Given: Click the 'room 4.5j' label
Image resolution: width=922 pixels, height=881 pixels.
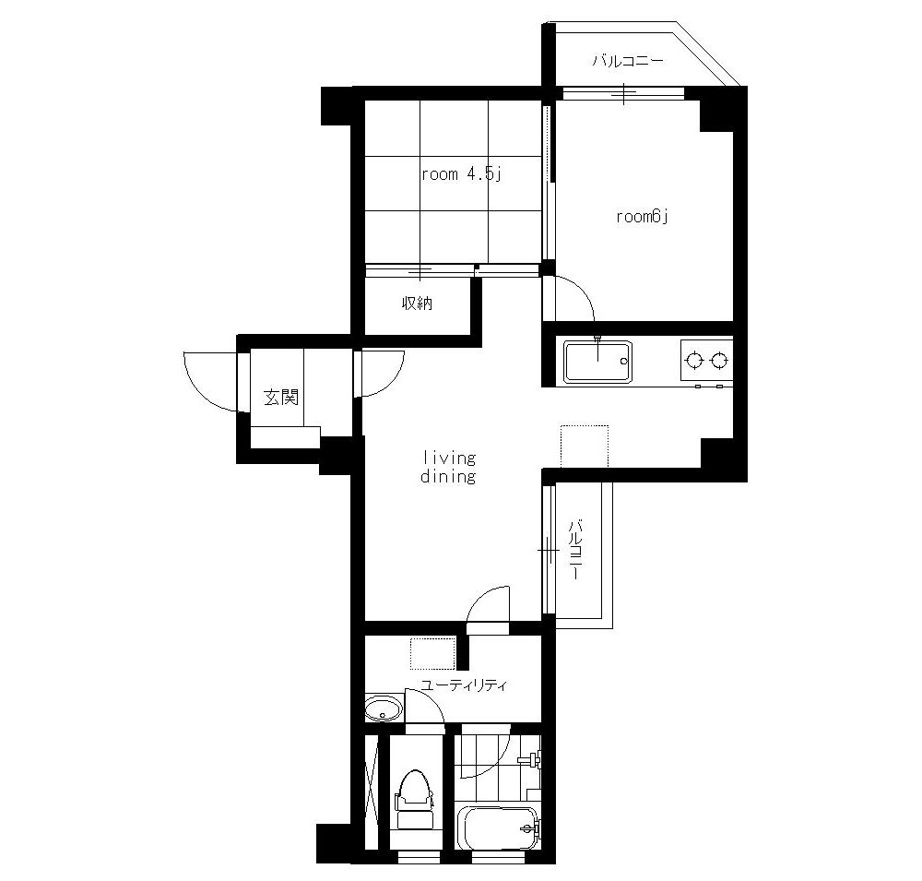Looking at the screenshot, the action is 461,174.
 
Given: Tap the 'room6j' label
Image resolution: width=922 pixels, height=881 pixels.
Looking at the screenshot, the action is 643,217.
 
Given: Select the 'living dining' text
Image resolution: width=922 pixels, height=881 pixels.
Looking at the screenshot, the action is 448,467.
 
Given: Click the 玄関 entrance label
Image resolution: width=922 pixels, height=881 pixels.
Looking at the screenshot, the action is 280,398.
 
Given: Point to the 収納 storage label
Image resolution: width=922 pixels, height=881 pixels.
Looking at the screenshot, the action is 417,304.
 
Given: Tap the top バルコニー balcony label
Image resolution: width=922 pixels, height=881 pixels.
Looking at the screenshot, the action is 628,61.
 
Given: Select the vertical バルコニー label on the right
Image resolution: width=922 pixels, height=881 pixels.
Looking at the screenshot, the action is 575,549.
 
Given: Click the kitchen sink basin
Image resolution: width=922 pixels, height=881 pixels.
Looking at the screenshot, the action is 597,361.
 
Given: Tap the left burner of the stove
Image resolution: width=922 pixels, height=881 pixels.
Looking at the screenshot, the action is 695,360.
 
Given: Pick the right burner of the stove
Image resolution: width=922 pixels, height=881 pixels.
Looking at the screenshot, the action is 719,360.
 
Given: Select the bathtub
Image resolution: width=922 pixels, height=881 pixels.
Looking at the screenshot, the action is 499,828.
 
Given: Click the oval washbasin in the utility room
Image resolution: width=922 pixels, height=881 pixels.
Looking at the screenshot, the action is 384,708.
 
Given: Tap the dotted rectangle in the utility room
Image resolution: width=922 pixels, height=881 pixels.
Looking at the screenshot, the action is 432,654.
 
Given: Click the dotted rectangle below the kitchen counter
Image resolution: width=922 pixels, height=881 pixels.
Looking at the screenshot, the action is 585,446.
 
